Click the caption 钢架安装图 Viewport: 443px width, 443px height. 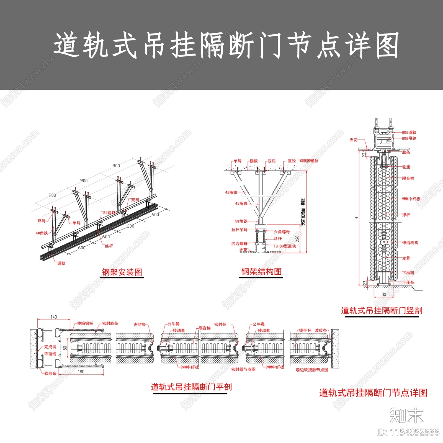coord(122,272)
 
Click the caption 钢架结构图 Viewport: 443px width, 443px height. coord(261,272)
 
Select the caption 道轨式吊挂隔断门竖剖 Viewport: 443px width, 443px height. coord(382,310)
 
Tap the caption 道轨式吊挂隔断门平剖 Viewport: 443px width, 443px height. coord(191,387)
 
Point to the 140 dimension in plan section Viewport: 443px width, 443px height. coord(54,317)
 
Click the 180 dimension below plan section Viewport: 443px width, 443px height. coord(81,372)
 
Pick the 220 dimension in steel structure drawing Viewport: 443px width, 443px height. coord(297,238)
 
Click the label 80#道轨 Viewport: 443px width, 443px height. coord(409,133)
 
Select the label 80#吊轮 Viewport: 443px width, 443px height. coord(409,138)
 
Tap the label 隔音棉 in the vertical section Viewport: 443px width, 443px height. coord(408,179)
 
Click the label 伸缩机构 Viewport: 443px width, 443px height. coord(410,243)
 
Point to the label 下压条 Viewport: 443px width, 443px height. coord(408,282)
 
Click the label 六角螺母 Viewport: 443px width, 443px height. coord(282,232)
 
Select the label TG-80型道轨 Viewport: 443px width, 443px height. coord(285,246)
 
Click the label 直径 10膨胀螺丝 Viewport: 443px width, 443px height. coord(303,161)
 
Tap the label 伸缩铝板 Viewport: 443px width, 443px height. coord(85,323)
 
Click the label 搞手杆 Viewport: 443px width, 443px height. coord(305,330)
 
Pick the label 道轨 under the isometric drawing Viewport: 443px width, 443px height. coord(61,263)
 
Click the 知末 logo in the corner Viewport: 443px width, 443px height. coord(406,415)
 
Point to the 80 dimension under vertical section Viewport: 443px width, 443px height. coord(383,294)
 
